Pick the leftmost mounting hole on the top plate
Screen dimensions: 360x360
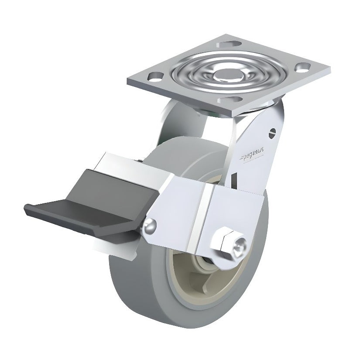coord(154,75)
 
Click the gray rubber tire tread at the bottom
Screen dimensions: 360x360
coord(192,321)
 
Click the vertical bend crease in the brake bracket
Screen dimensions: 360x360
coord(205,218)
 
